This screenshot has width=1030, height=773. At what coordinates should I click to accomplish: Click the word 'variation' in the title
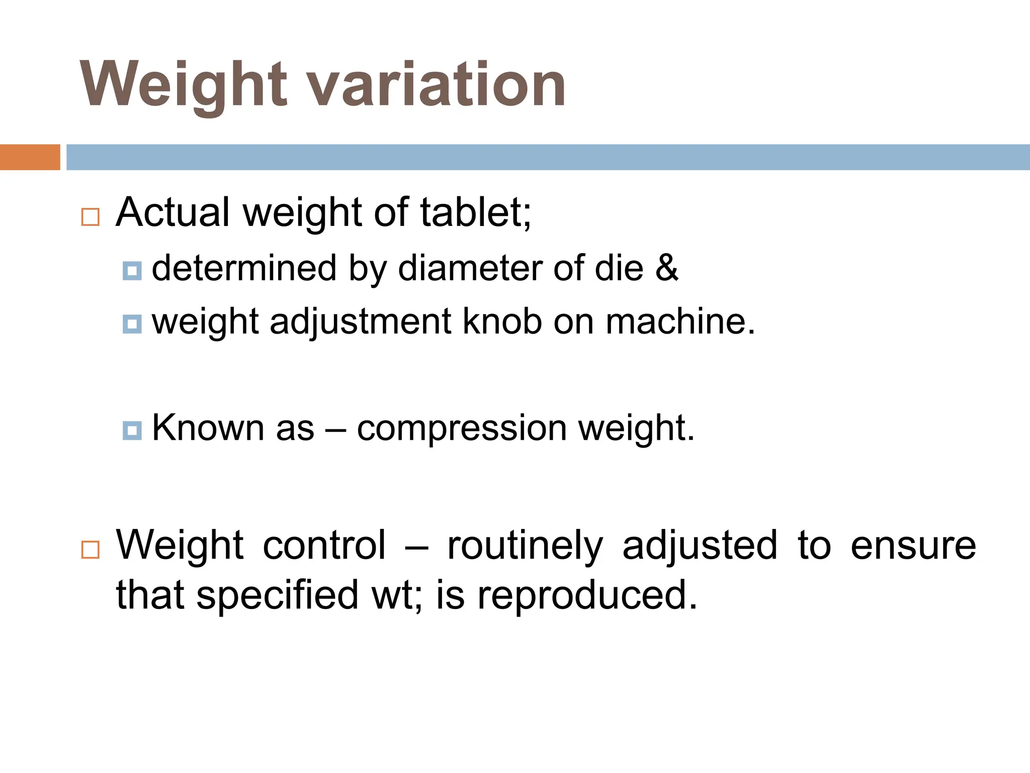[437, 84]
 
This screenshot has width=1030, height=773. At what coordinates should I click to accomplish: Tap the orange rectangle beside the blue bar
[30, 157]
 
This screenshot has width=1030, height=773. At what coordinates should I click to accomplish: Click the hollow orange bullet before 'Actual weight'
[91, 217]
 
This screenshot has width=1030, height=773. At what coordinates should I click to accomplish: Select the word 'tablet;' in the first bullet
[475, 212]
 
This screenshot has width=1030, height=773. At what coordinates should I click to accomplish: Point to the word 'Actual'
[173, 212]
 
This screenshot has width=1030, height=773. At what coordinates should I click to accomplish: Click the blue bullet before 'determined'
[132, 271]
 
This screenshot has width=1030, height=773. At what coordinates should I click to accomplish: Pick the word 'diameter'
[470, 268]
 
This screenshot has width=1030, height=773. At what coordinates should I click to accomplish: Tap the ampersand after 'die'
[667, 268]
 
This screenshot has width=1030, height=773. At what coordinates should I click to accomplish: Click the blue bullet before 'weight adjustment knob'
[132, 324]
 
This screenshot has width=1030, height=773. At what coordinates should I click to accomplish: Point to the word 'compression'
[462, 429]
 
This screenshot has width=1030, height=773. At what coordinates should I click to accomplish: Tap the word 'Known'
[208, 428]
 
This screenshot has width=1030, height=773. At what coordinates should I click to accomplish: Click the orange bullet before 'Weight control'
[91, 550]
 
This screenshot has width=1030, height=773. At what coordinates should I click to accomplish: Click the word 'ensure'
[913, 546]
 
